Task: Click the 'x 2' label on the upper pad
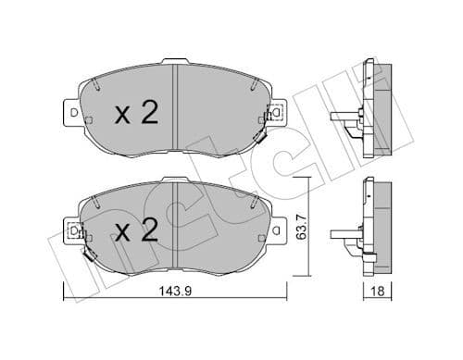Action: click(x=137, y=114)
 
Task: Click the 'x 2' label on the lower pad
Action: click(x=137, y=227)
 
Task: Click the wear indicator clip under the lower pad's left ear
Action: click(x=89, y=254)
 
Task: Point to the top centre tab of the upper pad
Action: click(x=174, y=62)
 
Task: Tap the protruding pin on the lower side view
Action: click(x=342, y=231)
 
